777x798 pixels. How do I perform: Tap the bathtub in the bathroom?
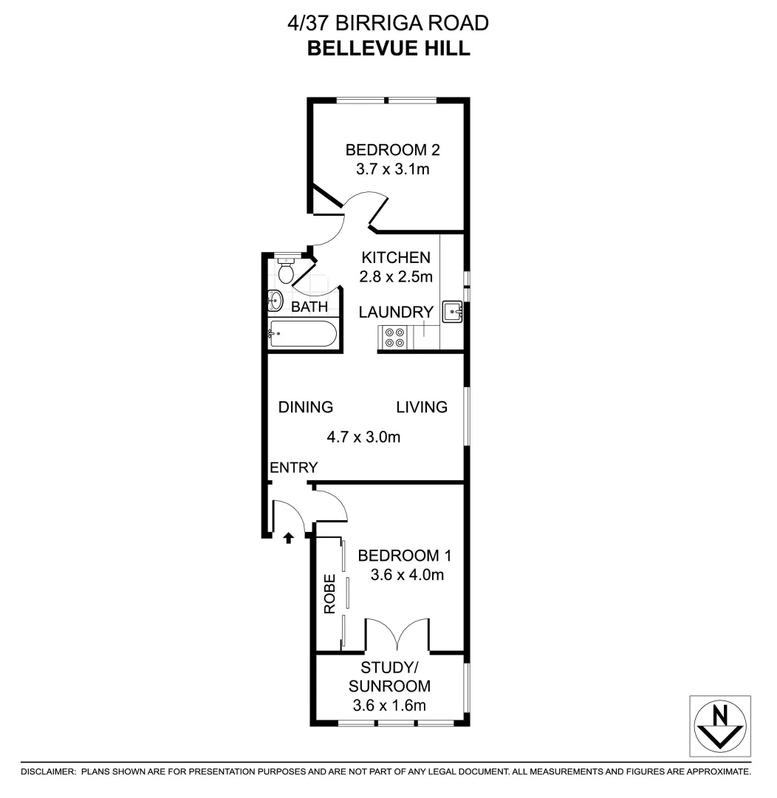[x=303, y=333]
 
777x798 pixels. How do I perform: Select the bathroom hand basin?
[x=275, y=301]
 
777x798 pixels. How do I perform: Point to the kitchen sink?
[x=452, y=313]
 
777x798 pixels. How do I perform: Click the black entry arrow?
[x=289, y=536]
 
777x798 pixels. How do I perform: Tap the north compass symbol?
[x=720, y=726]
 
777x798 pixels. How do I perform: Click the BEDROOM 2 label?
[x=393, y=150]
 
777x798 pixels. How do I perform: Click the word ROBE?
[x=331, y=594]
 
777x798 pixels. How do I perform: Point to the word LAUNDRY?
[x=395, y=312]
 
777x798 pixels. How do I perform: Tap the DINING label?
[x=305, y=406]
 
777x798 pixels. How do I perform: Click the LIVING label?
[x=422, y=406]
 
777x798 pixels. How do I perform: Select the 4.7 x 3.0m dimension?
[x=363, y=437]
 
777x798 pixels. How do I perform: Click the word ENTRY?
[x=293, y=467]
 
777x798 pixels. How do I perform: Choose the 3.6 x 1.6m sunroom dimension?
[x=389, y=704]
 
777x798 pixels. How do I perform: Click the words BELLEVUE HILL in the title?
[x=388, y=48]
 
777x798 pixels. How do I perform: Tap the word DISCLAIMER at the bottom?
[x=48, y=771]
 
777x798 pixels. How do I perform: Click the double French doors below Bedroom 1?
[x=397, y=634]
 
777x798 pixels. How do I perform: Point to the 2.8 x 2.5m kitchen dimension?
[x=395, y=276]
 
